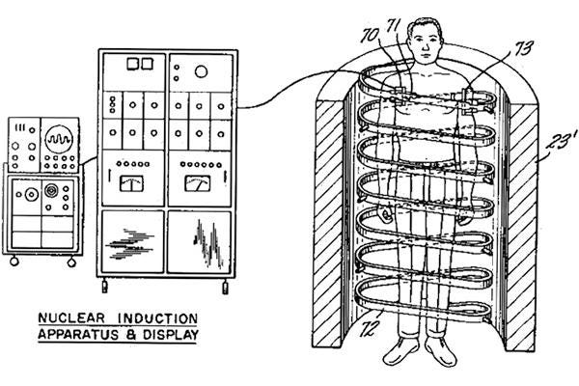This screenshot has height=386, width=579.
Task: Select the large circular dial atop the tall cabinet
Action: pos(200,70)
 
